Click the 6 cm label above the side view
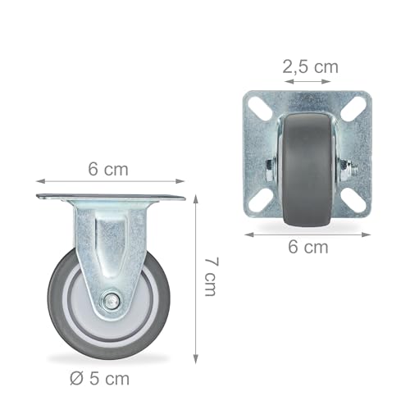point(108,170)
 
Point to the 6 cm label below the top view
point(307,246)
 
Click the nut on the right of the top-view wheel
point(347,170)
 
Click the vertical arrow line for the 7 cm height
point(196,279)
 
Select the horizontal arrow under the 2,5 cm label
point(308,81)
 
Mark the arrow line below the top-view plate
point(307,234)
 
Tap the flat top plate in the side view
point(110,197)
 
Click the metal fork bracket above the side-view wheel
point(110,238)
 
